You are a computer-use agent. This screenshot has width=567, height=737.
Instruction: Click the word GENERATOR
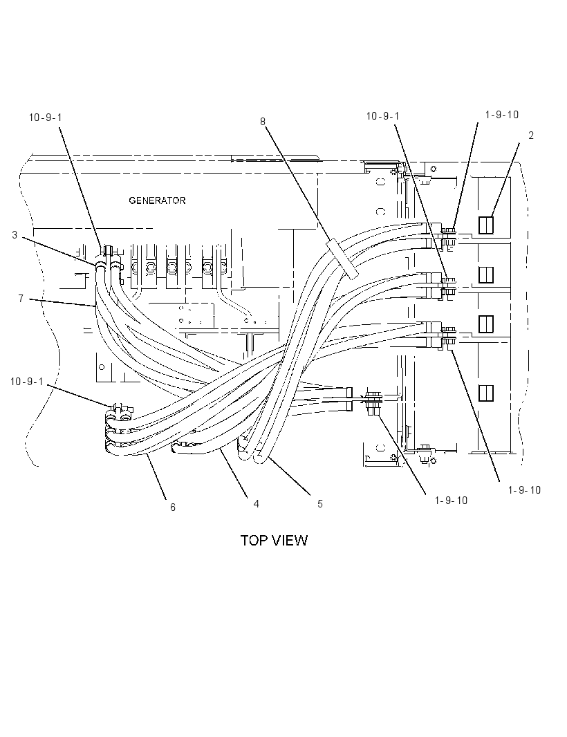(157, 200)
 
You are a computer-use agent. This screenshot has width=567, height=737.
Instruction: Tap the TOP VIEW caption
(274, 541)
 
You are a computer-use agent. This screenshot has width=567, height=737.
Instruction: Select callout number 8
(263, 122)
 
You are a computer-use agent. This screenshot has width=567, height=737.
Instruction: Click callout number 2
(531, 136)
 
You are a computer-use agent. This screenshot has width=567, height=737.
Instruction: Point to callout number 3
(15, 234)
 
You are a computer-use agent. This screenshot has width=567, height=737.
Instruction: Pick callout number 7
(21, 299)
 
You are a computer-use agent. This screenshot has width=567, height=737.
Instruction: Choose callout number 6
(173, 507)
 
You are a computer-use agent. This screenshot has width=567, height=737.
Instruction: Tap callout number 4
(257, 504)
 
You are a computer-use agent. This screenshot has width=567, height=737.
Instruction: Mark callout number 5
(320, 504)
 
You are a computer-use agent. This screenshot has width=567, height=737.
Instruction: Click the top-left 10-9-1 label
(45, 118)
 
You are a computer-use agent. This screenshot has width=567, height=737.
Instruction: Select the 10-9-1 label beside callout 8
(382, 116)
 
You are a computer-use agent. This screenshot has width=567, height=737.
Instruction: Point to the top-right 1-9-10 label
(501, 115)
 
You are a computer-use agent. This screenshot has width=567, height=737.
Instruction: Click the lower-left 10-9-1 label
(27, 382)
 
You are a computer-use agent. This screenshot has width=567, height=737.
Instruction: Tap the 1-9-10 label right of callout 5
(451, 501)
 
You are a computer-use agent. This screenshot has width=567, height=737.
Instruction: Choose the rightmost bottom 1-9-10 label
(524, 490)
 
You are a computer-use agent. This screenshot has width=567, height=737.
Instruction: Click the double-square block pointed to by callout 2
(485, 225)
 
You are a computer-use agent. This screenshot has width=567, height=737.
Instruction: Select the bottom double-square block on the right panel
(485, 393)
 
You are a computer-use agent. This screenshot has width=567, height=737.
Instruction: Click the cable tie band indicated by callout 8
(342, 258)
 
